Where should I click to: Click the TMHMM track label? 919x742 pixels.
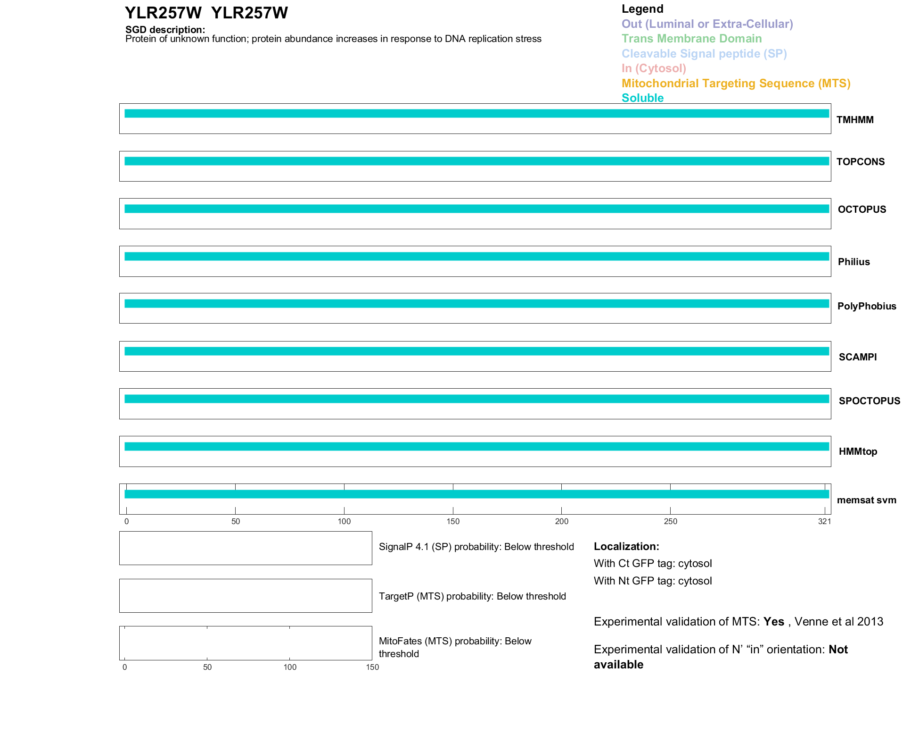click(x=854, y=120)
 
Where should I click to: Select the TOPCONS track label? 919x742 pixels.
click(x=860, y=162)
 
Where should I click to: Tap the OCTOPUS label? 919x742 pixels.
click(x=862, y=209)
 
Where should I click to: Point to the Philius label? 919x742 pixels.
click(x=853, y=262)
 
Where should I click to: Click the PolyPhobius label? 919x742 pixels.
click(x=866, y=306)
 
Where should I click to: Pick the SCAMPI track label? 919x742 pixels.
click(x=857, y=357)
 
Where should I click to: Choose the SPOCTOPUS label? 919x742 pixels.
click(x=869, y=401)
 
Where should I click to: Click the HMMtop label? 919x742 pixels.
click(x=858, y=451)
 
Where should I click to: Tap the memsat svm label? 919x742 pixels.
click(x=866, y=500)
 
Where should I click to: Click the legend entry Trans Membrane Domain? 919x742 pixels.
click(x=691, y=39)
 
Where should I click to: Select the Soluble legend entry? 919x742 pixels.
click(x=642, y=98)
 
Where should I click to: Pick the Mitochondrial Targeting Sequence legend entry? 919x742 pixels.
click(x=736, y=83)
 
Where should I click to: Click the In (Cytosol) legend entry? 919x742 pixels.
click(x=654, y=68)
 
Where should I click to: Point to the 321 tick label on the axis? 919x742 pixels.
click(x=824, y=521)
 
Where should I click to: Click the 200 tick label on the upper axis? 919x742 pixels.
click(x=561, y=521)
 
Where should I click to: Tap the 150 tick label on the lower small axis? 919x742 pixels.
click(x=372, y=667)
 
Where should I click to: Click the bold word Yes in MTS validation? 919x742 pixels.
click(x=773, y=622)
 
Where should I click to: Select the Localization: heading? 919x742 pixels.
click(x=626, y=546)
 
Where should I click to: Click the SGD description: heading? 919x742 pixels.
click(x=165, y=30)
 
